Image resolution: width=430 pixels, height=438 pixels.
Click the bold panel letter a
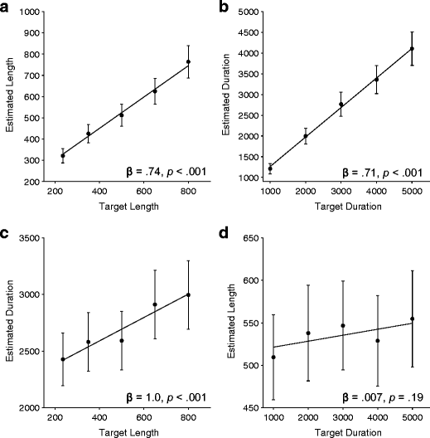(x=6, y=7)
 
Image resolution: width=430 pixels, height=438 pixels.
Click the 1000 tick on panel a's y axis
(x=32, y=14)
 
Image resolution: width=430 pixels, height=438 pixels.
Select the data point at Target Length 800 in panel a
(x=188, y=62)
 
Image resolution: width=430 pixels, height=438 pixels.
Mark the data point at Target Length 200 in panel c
(x=63, y=360)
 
